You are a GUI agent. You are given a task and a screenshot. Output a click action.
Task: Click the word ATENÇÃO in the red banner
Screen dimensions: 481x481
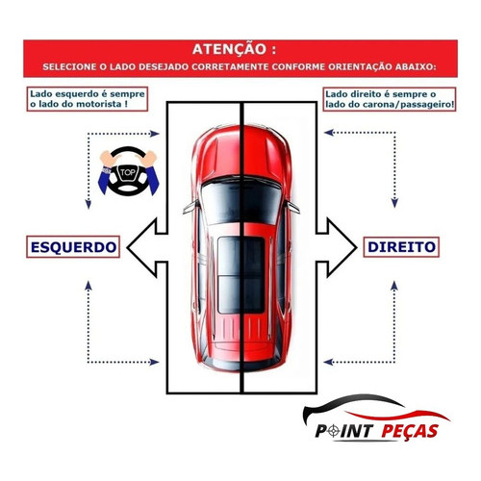(230, 49)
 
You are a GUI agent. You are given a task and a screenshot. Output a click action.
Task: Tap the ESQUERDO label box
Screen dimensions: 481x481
(73, 247)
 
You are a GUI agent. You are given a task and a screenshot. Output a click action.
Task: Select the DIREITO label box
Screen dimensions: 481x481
(401, 247)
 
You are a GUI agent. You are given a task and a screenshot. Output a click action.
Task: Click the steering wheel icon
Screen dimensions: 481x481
(128, 171)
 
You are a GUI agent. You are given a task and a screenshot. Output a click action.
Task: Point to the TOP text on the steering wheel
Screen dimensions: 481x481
(128, 172)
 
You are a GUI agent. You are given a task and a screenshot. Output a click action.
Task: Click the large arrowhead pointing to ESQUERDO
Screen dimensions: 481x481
(141, 247)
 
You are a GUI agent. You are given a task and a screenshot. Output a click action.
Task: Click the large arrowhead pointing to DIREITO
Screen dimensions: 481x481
(342, 247)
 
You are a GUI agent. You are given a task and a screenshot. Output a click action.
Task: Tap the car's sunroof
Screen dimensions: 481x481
(241, 275)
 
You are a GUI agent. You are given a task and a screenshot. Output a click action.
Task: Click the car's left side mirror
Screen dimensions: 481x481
(190, 207)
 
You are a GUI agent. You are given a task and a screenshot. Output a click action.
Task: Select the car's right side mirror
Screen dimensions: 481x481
(293, 207)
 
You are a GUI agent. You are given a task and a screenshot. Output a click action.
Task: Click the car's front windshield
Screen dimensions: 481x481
(241, 201)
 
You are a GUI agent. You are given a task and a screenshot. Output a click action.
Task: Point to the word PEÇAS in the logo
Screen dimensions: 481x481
(410, 431)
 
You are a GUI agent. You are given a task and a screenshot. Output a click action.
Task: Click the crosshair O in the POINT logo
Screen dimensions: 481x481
(334, 431)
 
